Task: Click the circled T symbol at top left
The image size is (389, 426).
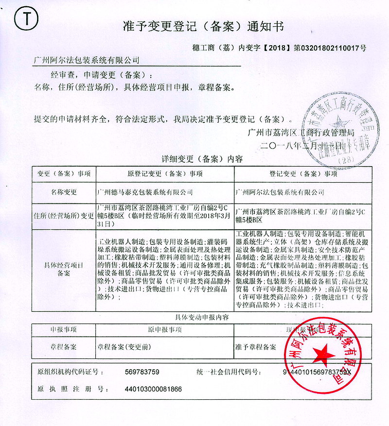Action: coord(25,20)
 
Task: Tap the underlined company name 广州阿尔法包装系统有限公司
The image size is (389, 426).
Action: coord(86,61)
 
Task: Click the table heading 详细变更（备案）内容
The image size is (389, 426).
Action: coord(202,159)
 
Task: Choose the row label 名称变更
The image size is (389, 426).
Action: coord(64,192)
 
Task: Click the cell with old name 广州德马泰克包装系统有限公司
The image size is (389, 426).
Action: coord(145,192)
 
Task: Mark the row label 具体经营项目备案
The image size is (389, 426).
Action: coord(64,270)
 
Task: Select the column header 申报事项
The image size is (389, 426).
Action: coord(63,329)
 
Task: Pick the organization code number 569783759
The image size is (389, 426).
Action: coord(142,372)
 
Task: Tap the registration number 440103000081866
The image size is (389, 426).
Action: coord(153,389)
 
